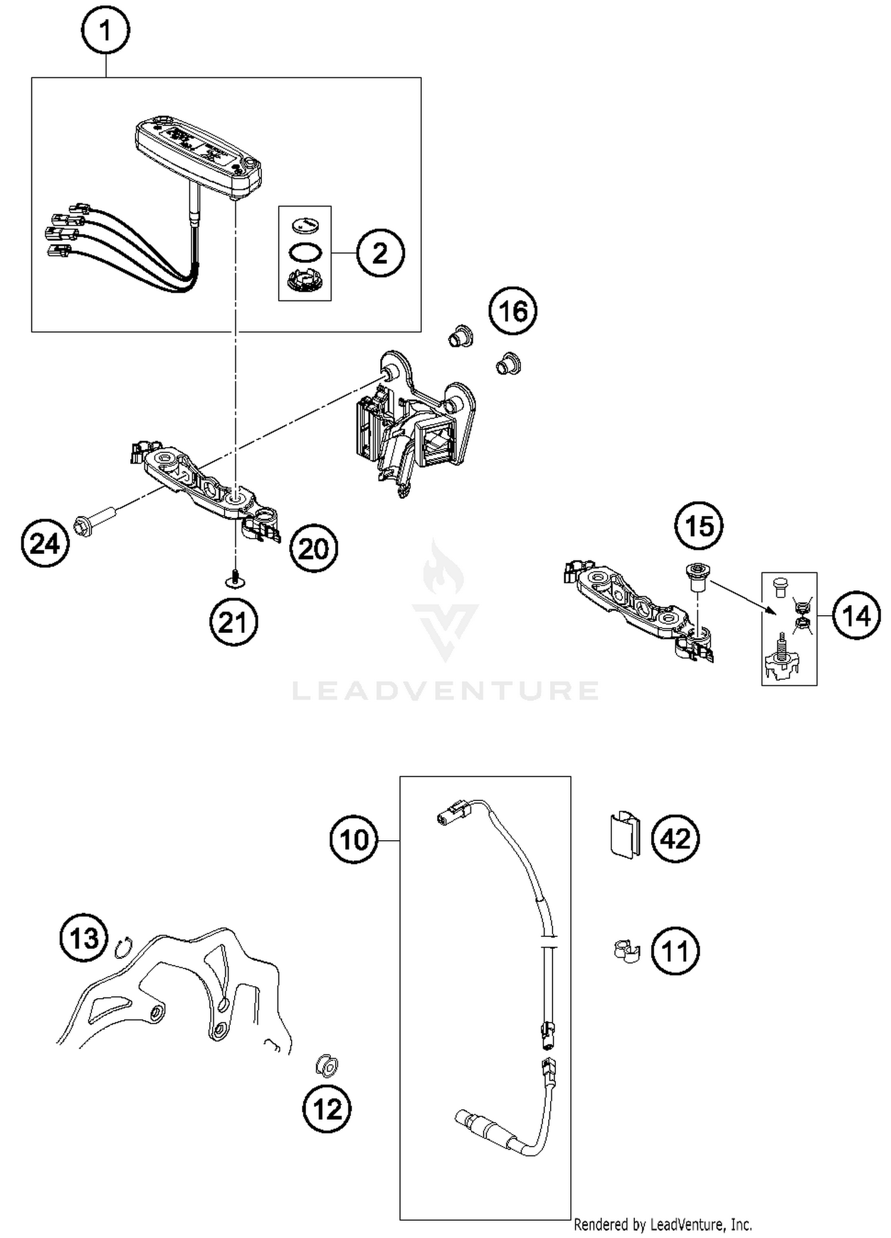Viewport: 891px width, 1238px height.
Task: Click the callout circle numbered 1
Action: tap(106, 30)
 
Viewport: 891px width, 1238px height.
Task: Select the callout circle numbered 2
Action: tap(380, 253)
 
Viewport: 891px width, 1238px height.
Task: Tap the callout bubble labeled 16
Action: tap(513, 311)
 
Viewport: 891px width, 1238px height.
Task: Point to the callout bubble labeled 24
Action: tap(45, 543)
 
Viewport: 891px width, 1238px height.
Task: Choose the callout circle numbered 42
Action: tap(675, 839)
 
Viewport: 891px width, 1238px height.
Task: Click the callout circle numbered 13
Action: tap(84, 939)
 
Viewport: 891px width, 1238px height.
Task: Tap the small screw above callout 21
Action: tap(236, 578)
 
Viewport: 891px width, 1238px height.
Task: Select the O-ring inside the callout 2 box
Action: tap(305, 252)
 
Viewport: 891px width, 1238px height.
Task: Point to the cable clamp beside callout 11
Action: tap(626, 951)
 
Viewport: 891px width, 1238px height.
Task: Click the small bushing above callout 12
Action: tap(327, 1065)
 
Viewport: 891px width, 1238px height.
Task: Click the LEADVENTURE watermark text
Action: tap(445, 691)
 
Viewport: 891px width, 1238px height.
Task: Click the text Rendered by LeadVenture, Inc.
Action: tap(662, 1224)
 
